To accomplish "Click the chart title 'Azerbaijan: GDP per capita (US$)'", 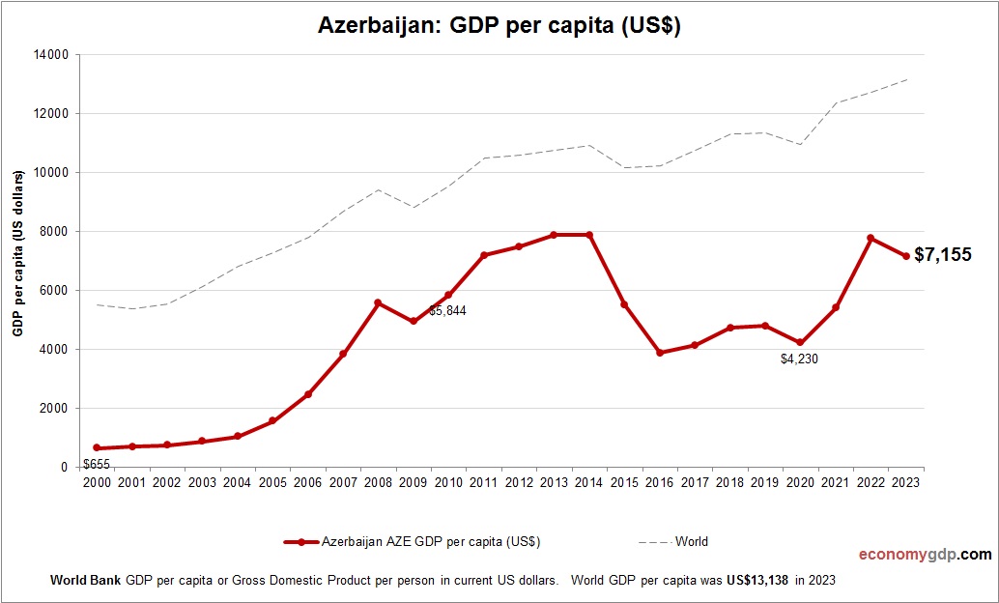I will (499, 26).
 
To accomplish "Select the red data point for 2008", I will (378, 302).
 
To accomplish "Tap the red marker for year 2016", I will (660, 353).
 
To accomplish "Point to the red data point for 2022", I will (871, 238).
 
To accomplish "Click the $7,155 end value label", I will (943, 256).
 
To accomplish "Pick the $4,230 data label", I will (799, 359).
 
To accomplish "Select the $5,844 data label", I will (447, 311).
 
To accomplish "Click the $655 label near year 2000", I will (97, 464).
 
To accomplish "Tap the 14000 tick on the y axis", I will (51, 55).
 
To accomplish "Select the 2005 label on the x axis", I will (272, 482).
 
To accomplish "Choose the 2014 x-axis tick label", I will (589, 482).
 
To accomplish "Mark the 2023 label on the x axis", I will (906, 482).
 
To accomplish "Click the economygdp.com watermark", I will (925, 555).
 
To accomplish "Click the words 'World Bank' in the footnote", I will (85, 582).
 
